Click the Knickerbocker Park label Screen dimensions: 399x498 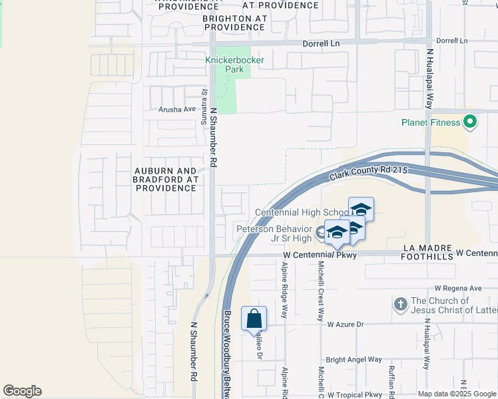[x=234, y=65]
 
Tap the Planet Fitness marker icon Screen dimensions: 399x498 [x=470, y=122]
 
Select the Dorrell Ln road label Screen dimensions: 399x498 [x=321, y=43]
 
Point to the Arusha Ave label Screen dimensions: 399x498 [x=177, y=109]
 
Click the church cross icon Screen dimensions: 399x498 [x=400, y=305]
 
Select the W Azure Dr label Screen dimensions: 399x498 [x=346, y=325]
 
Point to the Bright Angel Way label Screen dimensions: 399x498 [x=354, y=360]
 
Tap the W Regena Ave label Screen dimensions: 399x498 [x=457, y=288]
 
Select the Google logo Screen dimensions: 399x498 [x=22, y=391]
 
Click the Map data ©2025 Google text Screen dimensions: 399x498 [x=457, y=394]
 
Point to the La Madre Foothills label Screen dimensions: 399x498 [x=428, y=248]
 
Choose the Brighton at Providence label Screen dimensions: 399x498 [x=234, y=23]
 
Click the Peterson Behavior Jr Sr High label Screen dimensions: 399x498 [x=274, y=233]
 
